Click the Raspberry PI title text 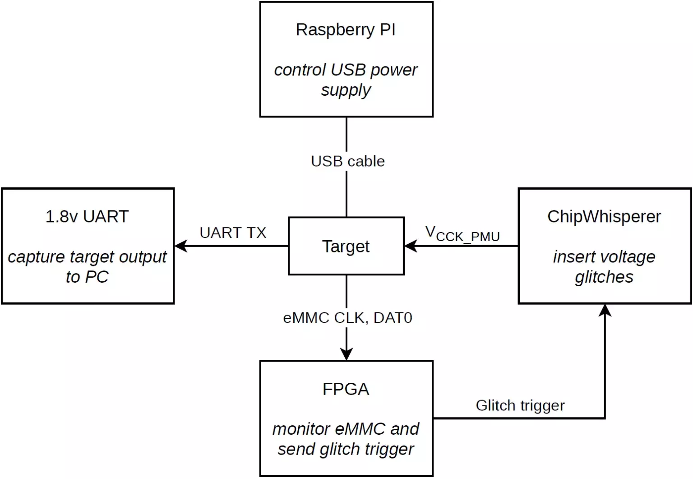pos(346,30)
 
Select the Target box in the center pos(346,246)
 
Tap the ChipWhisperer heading pos(604,217)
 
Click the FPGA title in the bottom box pos(346,389)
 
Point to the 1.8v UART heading pos(87,217)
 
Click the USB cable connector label pos(347,161)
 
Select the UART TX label pos(233,233)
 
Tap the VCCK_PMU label pos(462,234)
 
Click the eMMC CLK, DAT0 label pos(347,318)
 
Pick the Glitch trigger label pos(520,405)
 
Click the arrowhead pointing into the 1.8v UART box pos(180,246)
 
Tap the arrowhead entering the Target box pos(411,246)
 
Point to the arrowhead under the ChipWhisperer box pos(605,310)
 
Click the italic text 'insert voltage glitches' pos(604,267)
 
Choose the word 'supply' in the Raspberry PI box pos(346,90)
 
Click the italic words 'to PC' pos(87,277)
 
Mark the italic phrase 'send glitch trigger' pos(346,449)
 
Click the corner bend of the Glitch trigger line pos(605,418)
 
